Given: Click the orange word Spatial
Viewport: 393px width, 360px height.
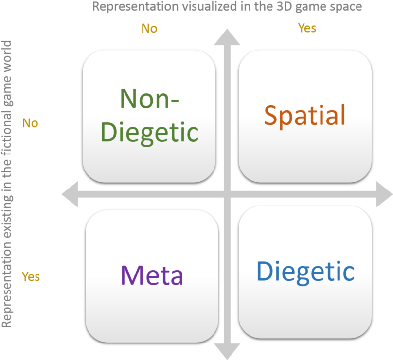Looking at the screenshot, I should pyautogui.click(x=304, y=116).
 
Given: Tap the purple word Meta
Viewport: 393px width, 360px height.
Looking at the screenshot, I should pyautogui.click(x=152, y=275).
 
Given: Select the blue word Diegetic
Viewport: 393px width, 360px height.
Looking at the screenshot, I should pyautogui.click(x=305, y=272).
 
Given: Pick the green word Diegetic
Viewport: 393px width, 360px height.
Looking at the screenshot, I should pyautogui.click(x=152, y=131).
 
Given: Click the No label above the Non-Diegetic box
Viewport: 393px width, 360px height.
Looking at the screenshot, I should pyautogui.click(x=149, y=29).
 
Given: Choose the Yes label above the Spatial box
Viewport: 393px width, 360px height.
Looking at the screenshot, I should pyautogui.click(x=307, y=28).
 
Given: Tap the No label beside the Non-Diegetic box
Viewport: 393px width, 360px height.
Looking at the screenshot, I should pyautogui.click(x=30, y=123).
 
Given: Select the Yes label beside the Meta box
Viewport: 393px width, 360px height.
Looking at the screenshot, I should pyautogui.click(x=31, y=277).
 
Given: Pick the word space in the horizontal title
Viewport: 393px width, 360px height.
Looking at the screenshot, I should pyautogui.click(x=346, y=7).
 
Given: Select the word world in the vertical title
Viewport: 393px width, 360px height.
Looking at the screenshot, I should pyautogui.click(x=7, y=56).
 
